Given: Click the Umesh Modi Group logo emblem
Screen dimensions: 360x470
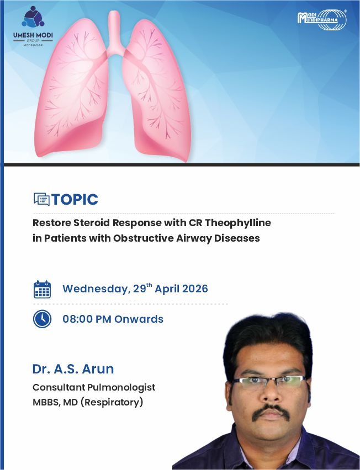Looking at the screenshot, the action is point(33,17).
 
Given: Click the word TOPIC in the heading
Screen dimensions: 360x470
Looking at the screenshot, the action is point(75,200).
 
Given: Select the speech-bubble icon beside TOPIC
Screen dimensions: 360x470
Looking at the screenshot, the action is point(41,199).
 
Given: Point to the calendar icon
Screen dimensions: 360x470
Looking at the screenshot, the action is point(42,289).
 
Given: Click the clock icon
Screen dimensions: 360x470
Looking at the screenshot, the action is point(42,319).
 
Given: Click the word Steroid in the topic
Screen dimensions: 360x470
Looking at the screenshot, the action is point(92,223).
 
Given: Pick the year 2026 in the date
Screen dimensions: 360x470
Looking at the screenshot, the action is point(195,289).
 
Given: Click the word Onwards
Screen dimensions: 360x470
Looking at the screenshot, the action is point(139,319).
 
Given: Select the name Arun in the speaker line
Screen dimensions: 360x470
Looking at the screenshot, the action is point(98,369).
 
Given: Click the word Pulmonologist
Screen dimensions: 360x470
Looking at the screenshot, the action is point(121,387).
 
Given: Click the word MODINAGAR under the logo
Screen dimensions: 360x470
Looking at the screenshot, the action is point(33,45).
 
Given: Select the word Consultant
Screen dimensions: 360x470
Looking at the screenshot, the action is point(59,387).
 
